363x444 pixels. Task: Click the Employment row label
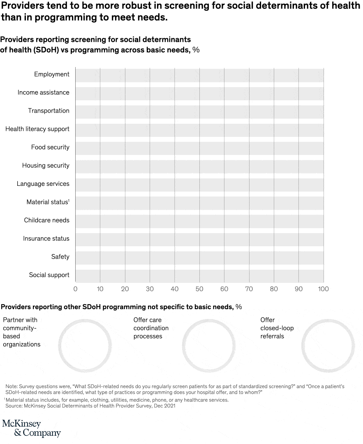pos(52,74)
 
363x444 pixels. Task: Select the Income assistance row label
pos(44,92)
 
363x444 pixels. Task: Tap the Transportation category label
pos(49,111)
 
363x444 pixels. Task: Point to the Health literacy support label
pos(37,129)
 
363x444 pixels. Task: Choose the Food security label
pos(50,147)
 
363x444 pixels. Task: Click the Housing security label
pos(46,166)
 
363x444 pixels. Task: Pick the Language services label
pos(43,184)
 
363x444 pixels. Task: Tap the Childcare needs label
pos(46,220)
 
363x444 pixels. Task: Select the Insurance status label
pos(46,238)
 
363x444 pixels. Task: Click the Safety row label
pos(60,257)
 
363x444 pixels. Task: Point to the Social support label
pos(49,275)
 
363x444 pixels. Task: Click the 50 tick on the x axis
pos(199,289)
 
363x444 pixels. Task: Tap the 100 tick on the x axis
pos(324,289)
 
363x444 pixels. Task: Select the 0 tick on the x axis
pos(75,289)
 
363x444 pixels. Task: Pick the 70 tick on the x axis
pos(249,289)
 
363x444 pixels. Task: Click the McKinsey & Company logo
pos(31,428)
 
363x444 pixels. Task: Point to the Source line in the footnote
pos(90,406)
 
